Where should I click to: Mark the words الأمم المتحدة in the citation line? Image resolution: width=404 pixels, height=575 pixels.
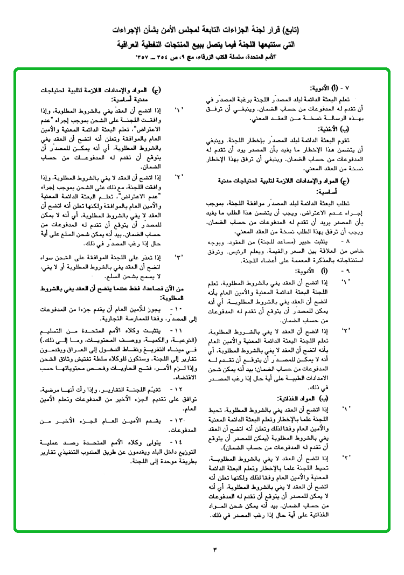pos(255,56)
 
